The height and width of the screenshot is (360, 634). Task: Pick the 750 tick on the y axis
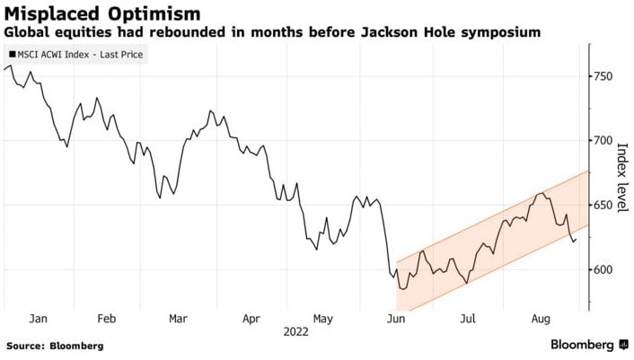pos(601,77)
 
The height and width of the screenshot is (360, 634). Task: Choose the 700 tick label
pos(601,141)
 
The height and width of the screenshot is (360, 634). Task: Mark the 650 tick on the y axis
pos(601,206)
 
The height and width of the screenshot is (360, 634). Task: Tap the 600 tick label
pos(601,270)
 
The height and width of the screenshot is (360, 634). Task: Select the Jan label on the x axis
pos(38,319)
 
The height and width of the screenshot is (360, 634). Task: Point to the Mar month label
pos(178,319)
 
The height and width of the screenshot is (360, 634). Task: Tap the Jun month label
pos(393,319)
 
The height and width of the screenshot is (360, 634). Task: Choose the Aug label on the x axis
pos(540,319)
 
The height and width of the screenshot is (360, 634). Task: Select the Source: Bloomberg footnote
pos(55,346)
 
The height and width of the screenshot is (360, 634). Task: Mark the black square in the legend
pos(11,55)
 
